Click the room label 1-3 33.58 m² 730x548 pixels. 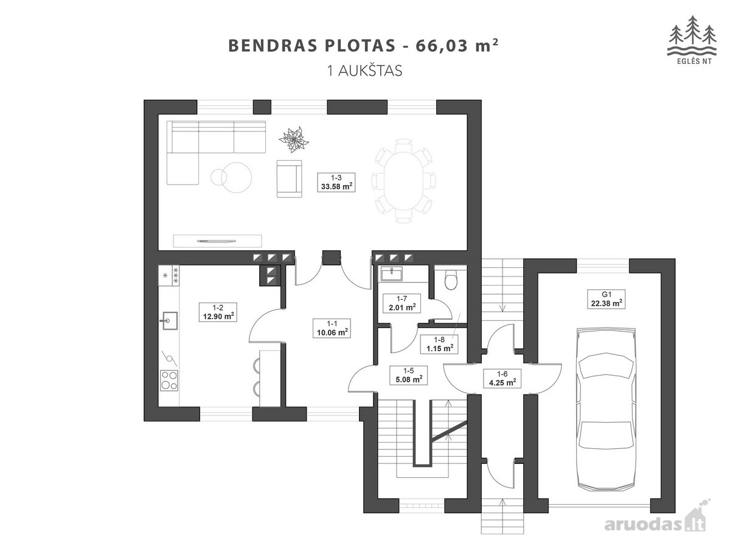(x=336, y=182)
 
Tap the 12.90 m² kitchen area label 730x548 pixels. (x=218, y=312)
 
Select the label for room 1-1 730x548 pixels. (x=332, y=328)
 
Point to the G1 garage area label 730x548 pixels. (x=607, y=299)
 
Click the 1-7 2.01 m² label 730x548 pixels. (x=401, y=303)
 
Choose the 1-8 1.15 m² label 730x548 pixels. (x=439, y=344)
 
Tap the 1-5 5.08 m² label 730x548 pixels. (x=408, y=375)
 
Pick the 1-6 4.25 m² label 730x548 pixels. (x=502, y=378)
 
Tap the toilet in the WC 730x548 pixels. (x=451, y=279)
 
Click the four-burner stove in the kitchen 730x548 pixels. (x=169, y=381)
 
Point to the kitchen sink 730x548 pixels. (x=169, y=321)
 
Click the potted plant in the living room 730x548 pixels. (x=293, y=139)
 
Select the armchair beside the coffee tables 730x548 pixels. (x=290, y=178)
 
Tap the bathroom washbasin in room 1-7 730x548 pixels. (x=391, y=274)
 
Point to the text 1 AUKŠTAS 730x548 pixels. (x=365, y=71)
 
